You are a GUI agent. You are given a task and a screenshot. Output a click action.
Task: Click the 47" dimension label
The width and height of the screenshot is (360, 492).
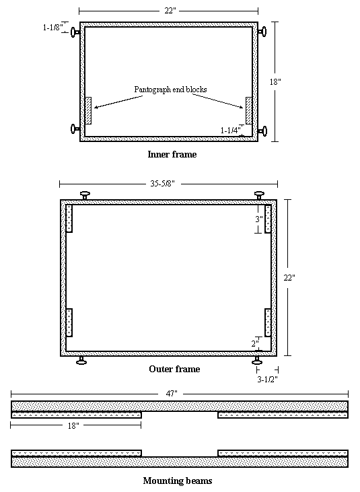click(x=172, y=394)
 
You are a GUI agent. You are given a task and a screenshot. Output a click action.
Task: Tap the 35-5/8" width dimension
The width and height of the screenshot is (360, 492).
click(x=162, y=184)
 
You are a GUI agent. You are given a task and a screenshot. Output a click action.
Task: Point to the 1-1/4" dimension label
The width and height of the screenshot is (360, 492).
click(x=231, y=130)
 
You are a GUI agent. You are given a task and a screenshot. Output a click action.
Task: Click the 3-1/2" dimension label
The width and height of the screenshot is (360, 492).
click(x=268, y=379)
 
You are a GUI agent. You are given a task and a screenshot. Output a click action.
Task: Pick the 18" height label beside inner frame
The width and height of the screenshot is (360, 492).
click(x=275, y=81)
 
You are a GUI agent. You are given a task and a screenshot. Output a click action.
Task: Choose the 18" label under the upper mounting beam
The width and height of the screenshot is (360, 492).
click(x=73, y=425)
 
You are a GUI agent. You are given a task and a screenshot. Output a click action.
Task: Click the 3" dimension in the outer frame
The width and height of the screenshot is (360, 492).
click(x=258, y=219)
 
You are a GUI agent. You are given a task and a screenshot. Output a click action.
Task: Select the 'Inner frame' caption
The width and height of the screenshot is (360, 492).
click(x=172, y=154)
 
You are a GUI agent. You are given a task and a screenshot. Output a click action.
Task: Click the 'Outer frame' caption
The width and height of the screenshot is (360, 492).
click(x=174, y=369)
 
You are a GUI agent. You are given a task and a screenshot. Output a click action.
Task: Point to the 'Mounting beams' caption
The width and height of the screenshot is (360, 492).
click(x=178, y=481)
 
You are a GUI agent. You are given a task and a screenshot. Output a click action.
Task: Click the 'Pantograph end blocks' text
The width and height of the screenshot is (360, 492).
click(x=171, y=90)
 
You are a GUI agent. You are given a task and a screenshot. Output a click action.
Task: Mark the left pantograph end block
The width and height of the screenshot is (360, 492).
click(x=88, y=111)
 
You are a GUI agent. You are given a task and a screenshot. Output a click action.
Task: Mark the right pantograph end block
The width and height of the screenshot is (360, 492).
click(x=249, y=111)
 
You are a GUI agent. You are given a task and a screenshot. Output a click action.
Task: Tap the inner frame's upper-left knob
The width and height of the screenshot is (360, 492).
click(x=75, y=32)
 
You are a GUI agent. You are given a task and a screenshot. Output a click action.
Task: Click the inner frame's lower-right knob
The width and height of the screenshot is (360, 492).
click(x=262, y=131)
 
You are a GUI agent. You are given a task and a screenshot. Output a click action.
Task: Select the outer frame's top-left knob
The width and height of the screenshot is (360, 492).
click(x=85, y=195)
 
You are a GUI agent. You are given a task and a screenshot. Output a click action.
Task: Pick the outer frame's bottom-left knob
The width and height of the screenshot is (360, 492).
click(x=81, y=361)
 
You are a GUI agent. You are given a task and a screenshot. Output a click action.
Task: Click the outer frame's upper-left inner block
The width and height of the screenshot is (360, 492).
click(x=69, y=218)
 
